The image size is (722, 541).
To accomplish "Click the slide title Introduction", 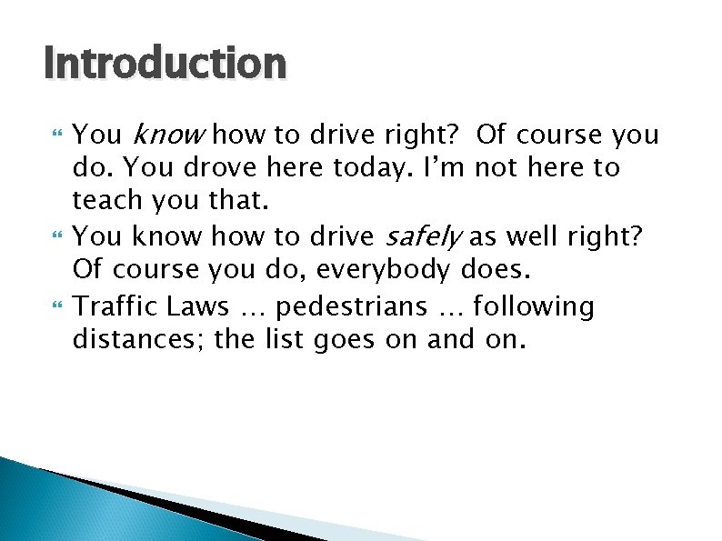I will [165, 64].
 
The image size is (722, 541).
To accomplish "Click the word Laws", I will [197, 306].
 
